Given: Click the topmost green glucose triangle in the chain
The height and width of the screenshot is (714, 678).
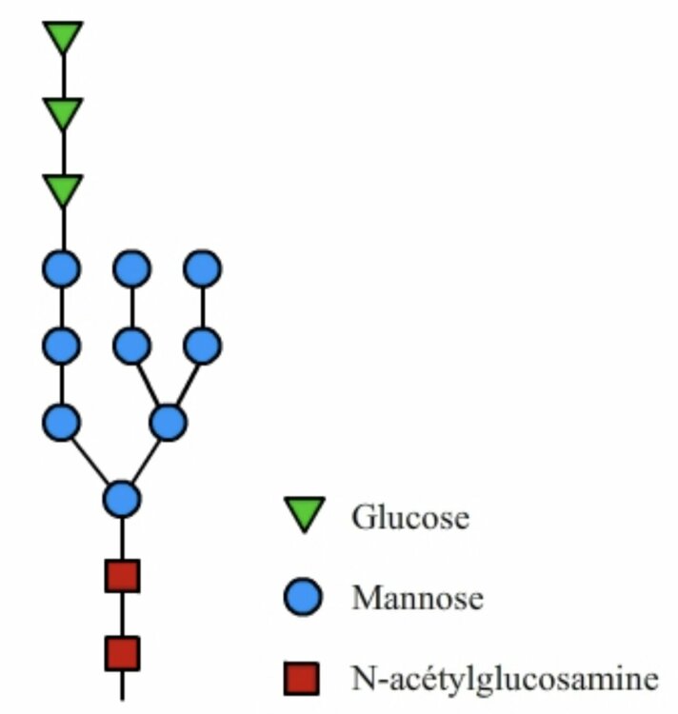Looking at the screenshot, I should (63, 36).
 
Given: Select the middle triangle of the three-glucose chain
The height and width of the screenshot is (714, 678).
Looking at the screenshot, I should (63, 113).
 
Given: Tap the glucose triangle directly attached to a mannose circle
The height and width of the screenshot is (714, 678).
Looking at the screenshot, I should (63, 189).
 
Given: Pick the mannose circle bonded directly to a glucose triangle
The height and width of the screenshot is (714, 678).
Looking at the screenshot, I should (62, 268).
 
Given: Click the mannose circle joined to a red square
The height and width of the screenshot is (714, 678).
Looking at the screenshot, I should (122, 498).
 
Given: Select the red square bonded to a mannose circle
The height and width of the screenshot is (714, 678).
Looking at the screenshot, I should (122, 576).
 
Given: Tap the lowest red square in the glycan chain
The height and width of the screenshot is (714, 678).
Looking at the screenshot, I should (122, 653).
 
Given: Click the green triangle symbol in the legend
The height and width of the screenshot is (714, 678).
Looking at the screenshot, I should (305, 514).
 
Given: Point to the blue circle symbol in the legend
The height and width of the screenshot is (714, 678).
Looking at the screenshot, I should (305, 597).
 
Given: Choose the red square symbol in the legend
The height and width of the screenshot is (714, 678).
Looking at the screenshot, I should (305, 679).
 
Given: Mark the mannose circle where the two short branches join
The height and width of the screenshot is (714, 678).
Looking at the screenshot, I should (169, 422).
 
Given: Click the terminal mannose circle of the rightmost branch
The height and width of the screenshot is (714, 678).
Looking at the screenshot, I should (203, 268).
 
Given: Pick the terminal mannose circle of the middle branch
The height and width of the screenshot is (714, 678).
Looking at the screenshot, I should (131, 268).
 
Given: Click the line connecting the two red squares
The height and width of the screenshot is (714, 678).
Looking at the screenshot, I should (122, 615).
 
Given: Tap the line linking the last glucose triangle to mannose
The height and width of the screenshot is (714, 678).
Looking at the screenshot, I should (63, 228).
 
